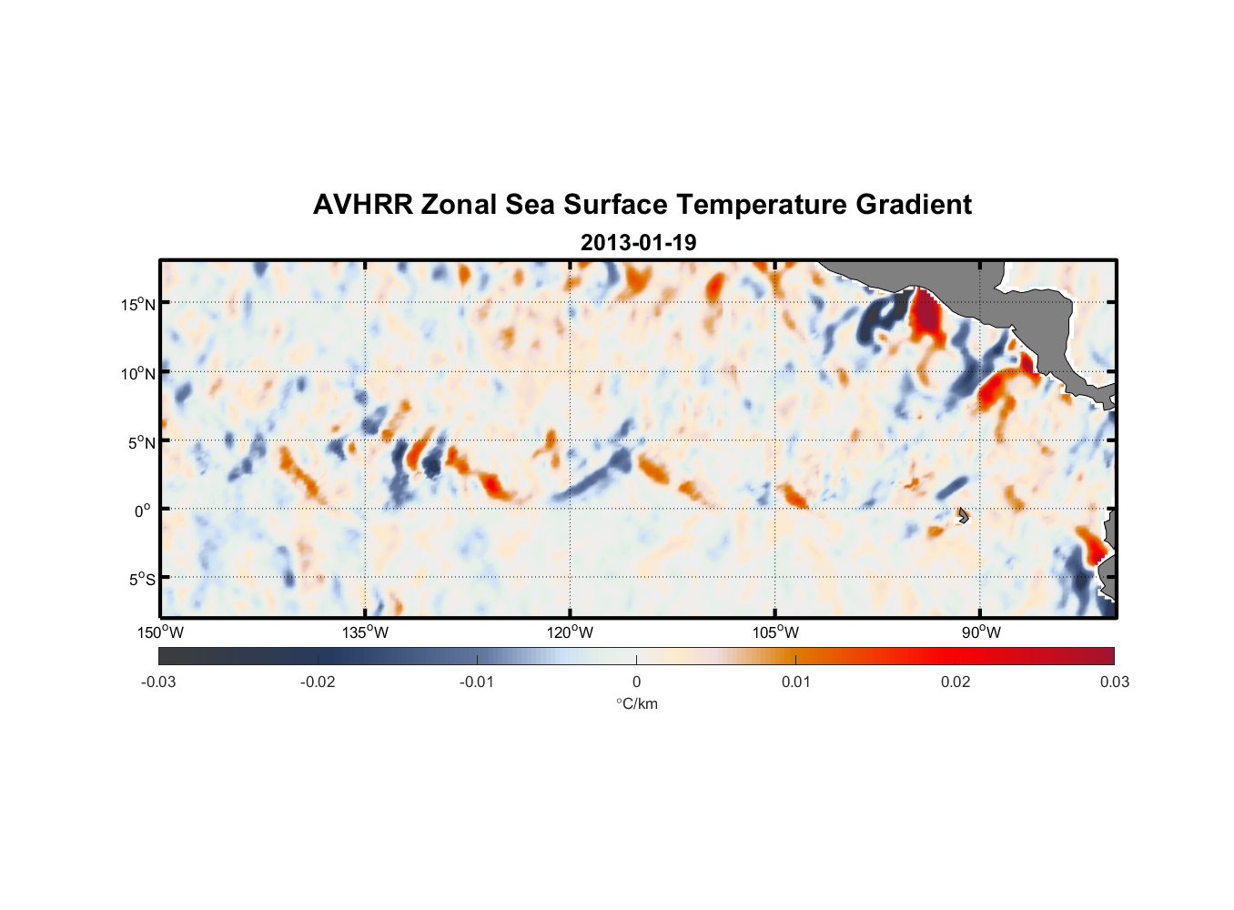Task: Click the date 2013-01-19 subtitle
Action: click(x=638, y=243)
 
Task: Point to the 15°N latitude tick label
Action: click(x=137, y=304)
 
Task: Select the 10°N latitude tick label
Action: click(x=137, y=373)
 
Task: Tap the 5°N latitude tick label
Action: click(x=140, y=442)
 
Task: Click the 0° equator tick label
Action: click(x=143, y=511)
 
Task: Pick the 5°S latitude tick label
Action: click(x=140, y=580)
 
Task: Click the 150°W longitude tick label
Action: click(x=160, y=632)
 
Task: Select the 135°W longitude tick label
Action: click(x=365, y=632)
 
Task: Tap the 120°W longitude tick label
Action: click(x=570, y=632)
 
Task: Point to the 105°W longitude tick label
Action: click(x=775, y=632)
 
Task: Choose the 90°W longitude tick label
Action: click(x=980, y=632)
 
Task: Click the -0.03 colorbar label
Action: click(x=158, y=682)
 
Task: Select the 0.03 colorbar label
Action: click(x=1114, y=682)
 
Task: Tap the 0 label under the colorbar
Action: click(x=636, y=682)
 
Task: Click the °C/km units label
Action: click(x=636, y=703)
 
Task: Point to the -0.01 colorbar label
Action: click(x=477, y=682)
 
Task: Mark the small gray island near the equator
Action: click(x=963, y=515)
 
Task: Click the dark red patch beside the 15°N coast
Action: click(x=926, y=314)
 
